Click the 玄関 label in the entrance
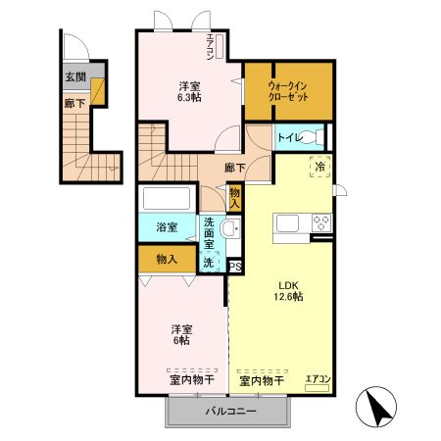[75, 76]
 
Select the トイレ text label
[291, 139]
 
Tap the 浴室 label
[167, 228]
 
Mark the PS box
[235, 266]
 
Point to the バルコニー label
[229, 412]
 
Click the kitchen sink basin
[291, 224]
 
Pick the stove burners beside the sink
[320, 224]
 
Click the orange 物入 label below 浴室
[167, 259]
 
